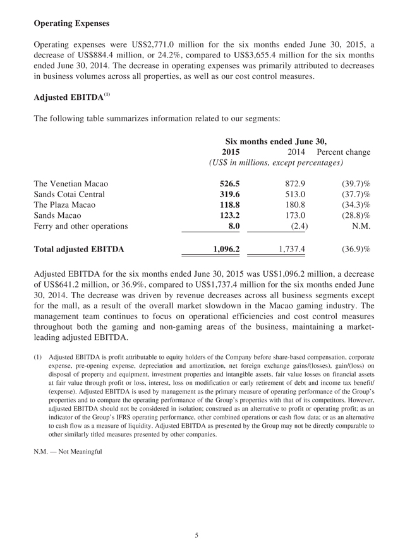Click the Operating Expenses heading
coord(71,23)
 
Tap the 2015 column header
coord(231,152)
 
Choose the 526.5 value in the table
coord(229,184)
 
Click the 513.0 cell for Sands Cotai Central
coord(295,195)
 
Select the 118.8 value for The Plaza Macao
coord(229,205)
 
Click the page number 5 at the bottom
coord(196,536)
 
